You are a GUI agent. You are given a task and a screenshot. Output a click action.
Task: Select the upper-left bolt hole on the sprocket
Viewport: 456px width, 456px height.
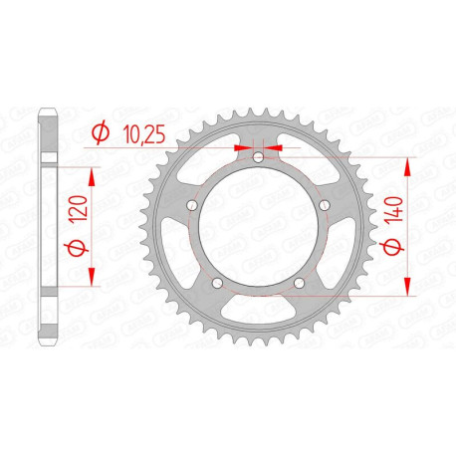click(191, 206)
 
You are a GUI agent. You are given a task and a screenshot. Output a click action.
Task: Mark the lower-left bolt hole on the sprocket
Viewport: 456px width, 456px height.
click(217, 286)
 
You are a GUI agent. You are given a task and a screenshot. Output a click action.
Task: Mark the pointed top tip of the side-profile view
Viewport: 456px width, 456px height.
click(48, 108)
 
